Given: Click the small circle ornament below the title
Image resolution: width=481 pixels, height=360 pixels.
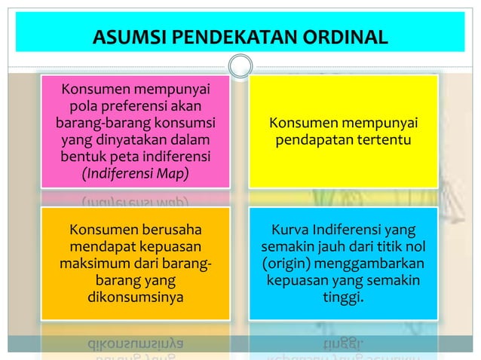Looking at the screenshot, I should pyautogui.click(x=240, y=66).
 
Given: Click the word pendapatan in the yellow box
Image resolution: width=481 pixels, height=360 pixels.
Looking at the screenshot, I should pyautogui.click(x=316, y=141).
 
